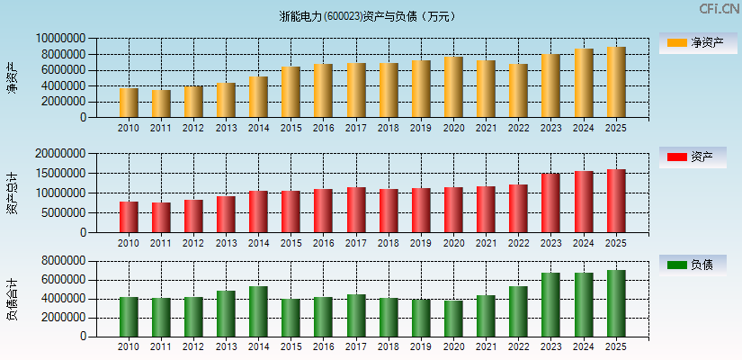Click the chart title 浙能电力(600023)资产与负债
click(369, 16)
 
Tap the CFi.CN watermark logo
click(719, 9)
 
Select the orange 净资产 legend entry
click(698, 42)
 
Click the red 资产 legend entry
click(698, 157)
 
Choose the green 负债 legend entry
click(698, 265)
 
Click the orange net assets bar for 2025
click(616, 83)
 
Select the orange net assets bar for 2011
click(161, 103)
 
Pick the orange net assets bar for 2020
click(453, 87)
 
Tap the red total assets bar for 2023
click(550, 203)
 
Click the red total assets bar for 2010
click(129, 217)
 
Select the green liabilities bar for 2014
click(258, 311)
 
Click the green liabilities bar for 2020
click(453, 319)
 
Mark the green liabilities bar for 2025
click(616, 303)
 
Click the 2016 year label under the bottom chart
click(324, 346)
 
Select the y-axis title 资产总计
click(12, 194)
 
